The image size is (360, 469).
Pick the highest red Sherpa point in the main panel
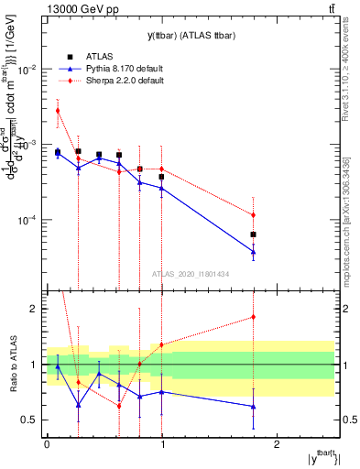point(57,111)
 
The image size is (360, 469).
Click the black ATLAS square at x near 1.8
point(253,234)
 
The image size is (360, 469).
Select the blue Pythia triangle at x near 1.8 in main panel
point(253,252)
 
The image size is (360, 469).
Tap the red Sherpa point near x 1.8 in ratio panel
point(253,317)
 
